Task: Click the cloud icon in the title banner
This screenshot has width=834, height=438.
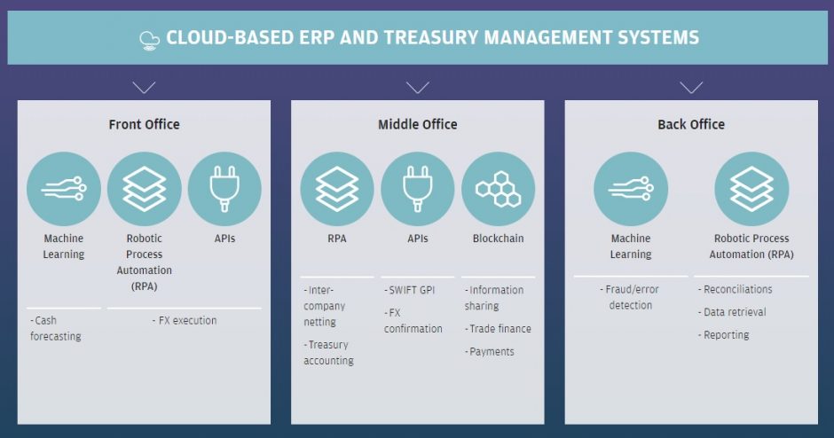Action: pyautogui.click(x=149, y=38)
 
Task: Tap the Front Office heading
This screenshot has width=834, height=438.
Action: pyautogui.click(x=144, y=124)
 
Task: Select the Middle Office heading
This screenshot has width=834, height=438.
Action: pyautogui.click(x=417, y=124)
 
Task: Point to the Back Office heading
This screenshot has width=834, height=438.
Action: pyautogui.click(x=690, y=124)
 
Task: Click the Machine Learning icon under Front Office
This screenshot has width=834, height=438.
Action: pyautogui.click(x=63, y=188)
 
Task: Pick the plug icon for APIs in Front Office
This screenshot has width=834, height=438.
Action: pyautogui.click(x=224, y=188)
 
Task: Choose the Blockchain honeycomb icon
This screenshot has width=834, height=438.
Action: pyautogui.click(x=498, y=188)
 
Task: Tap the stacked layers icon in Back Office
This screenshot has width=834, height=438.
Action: pyautogui.click(x=751, y=188)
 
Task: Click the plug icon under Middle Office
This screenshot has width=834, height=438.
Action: pyautogui.click(x=417, y=188)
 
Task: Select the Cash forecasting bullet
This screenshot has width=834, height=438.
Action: pyautogui.click(x=56, y=329)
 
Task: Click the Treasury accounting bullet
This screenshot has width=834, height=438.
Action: pyautogui.click(x=329, y=353)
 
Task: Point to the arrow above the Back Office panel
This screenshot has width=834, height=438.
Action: pyautogui.click(x=691, y=88)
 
